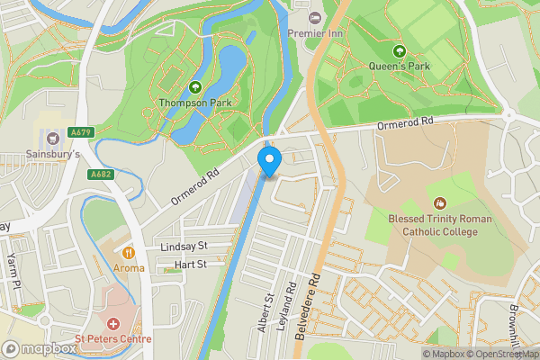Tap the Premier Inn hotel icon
tap(314, 18)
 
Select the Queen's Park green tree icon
tap(400, 50)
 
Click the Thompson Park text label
tap(195, 102)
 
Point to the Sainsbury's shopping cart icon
tap(52, 138)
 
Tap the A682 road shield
tap(100, 175)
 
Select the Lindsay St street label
tap(183, 246)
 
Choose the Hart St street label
tap(190, 265)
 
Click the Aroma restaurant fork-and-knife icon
tap(129, 253)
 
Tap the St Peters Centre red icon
tap(113, 323)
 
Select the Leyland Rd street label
tap(290, 306)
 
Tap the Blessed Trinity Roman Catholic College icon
tap(439, 204)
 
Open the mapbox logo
tap(40, 348)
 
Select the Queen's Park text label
tap(400, 67)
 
